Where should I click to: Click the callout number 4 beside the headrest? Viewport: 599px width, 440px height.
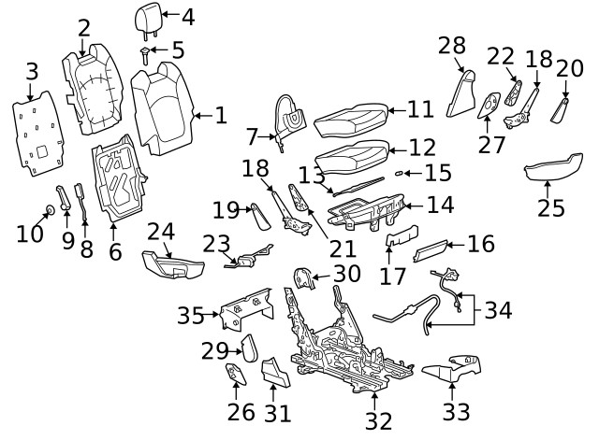[x=188, y=16]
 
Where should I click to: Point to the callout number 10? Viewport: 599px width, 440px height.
[x=30, y=233]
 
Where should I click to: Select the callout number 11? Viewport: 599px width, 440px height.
[x=420, y=110]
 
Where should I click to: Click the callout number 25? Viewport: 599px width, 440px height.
[x=550, y=206]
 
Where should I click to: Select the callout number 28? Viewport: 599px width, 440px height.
[x=451, y=46]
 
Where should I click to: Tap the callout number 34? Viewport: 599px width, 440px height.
[x=500, y=309]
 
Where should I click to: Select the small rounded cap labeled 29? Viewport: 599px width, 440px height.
[x=250, y=349]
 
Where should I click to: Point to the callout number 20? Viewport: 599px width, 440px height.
[x=569, y=68]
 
